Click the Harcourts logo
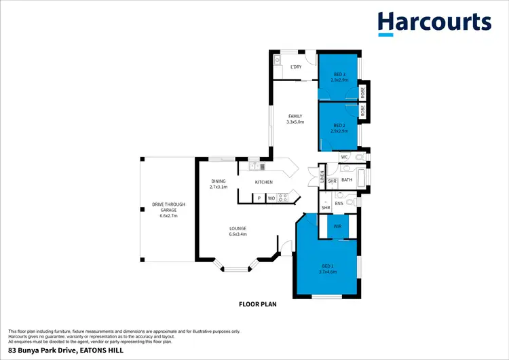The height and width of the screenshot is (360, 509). point(434,23)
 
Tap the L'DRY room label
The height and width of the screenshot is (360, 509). point(296,67)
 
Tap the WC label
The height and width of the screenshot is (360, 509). point(344,157)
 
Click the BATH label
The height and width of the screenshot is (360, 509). point(346,180)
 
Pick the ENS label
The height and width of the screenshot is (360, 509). point(338,202)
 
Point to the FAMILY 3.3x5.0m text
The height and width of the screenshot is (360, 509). point(295,119)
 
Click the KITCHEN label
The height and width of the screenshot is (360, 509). point(263,182)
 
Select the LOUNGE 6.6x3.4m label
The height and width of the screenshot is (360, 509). point(238,231)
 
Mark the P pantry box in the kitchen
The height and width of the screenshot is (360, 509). point(259,198)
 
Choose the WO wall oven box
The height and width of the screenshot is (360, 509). point(270,198)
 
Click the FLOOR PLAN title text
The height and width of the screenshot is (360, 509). point(257,304)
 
